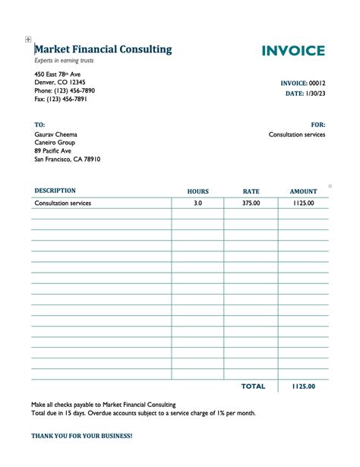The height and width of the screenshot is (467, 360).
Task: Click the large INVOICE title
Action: pyautogui.click(x=293, y=51)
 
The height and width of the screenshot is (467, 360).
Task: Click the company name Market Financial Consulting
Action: pyautogui.click(x=103, y=49)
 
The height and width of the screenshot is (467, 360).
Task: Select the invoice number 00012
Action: pyautogui.click(x=317, y=83)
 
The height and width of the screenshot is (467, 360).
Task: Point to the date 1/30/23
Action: pyautogui.click(x=315, y=93)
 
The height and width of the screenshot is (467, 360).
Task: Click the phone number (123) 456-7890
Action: pyautogui.click(x=65, y=91)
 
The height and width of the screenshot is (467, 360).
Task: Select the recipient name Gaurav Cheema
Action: pyautogui.click(x=56, y=134)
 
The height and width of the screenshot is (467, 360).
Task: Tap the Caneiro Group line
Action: pyautogui.click(x=55, y=143)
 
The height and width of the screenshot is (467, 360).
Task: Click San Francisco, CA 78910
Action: pyautogui.click(x=68, y=159)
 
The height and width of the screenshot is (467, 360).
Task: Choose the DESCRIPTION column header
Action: pyautogui.click(x=55, y=191)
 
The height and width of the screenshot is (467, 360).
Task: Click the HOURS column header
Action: pyautogui.click(x=197, y=192)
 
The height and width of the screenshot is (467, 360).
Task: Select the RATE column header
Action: pyautogui.click(x=251, y=192)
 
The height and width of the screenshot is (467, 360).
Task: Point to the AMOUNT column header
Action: pyautogui.click(x=303, y=192)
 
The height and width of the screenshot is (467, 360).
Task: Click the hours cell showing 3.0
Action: pyautogui.click(x=197, y=204)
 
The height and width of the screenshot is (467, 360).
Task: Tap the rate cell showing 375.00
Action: pyautogui.click(x=251, y=204)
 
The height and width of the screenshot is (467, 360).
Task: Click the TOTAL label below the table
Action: pyautogui.click(x=253, y=387)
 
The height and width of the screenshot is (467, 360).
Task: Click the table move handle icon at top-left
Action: pyautogui.click(x=28, y=39)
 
